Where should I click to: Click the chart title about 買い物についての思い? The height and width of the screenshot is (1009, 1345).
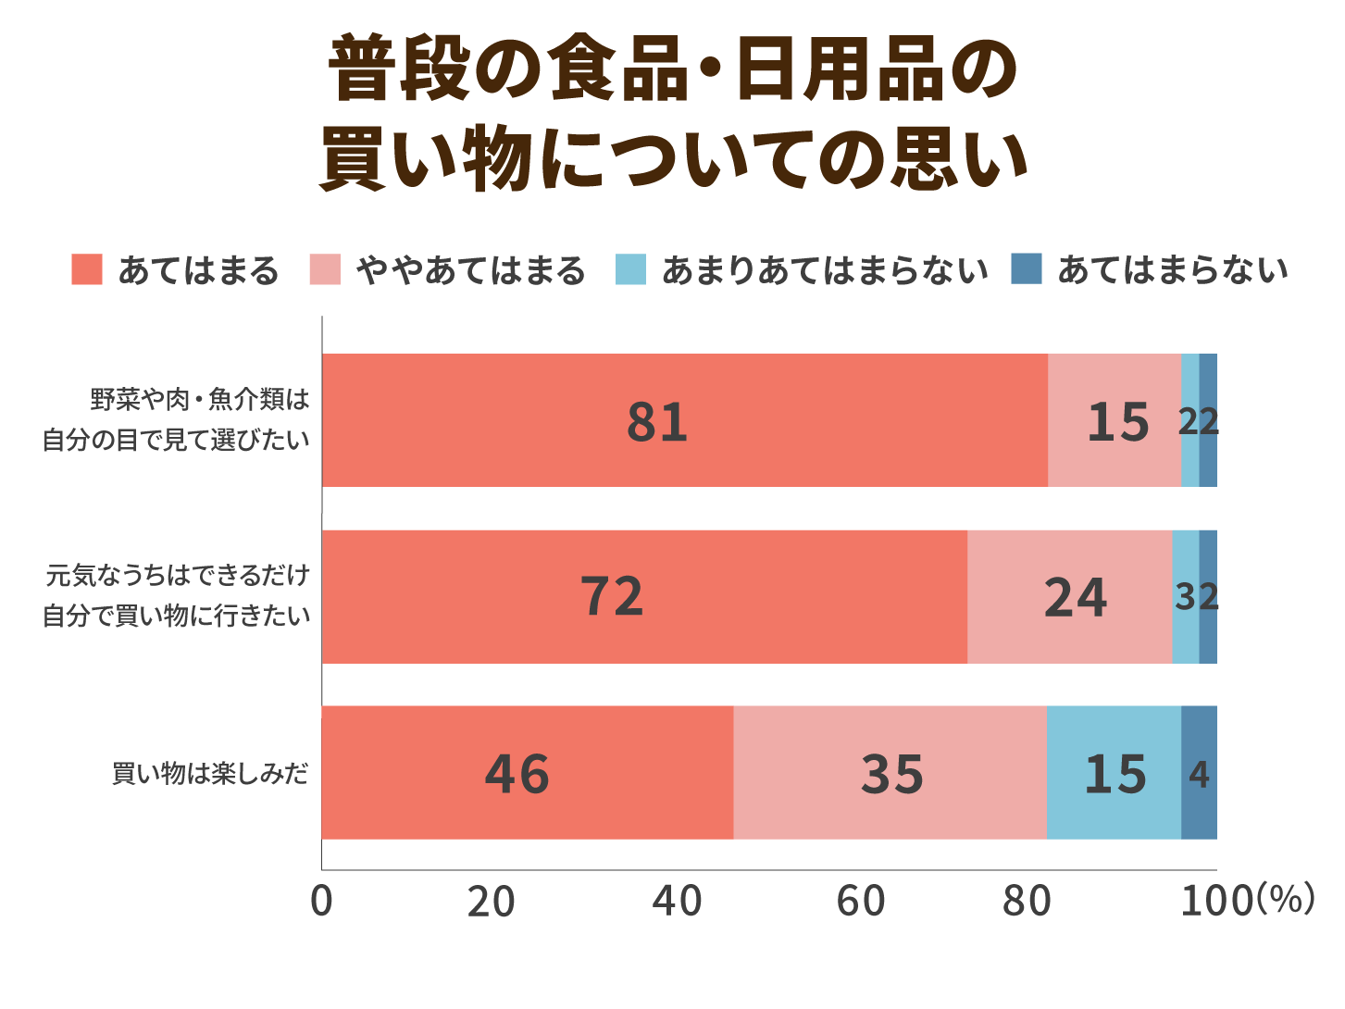pos(673,113)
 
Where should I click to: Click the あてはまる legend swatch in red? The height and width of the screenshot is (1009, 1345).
pos(87,269)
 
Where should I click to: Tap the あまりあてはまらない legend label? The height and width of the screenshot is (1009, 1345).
pos(824,270)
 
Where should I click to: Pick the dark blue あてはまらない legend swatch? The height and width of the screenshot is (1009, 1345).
pos(1027,269)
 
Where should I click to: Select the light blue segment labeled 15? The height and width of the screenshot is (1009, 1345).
pos(1114,773)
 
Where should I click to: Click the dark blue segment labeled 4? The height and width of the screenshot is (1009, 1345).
pos(1199,773)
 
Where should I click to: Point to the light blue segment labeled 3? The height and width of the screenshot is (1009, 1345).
pos(1185,597)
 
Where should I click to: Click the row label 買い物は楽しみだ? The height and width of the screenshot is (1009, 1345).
pos(210,774)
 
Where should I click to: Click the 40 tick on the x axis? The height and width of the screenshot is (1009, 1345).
pos(678,901)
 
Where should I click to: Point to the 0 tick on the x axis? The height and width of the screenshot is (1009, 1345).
pos(321,901)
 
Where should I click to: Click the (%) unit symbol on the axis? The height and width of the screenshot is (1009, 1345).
pos(1286,898)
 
